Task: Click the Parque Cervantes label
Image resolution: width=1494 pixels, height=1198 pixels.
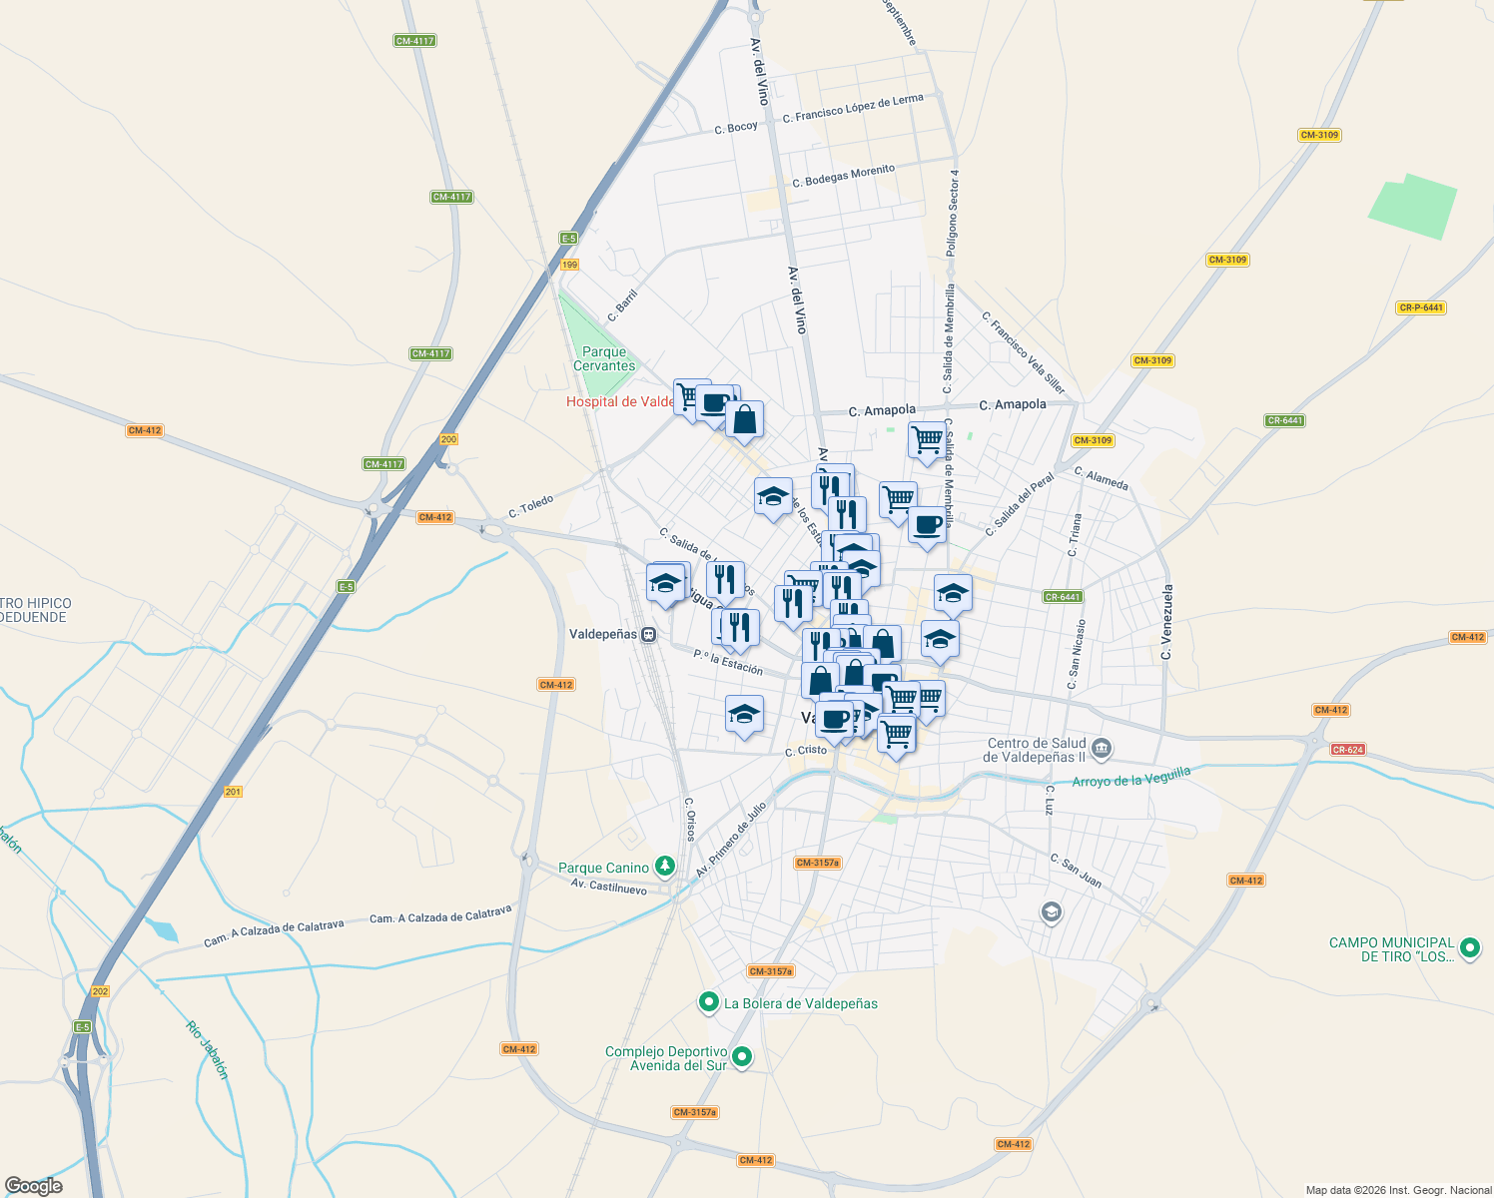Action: click(604, 358)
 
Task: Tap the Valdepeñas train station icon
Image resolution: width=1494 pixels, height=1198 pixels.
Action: click(649, 635)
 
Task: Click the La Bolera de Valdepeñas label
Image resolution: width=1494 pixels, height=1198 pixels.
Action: click(800, 1003)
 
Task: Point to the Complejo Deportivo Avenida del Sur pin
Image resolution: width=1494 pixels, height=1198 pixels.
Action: click(742, 1056)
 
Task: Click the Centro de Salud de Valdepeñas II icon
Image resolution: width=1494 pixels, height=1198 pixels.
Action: click(1101, 747)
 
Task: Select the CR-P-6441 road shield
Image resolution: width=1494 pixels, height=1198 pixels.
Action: click(1421, 307)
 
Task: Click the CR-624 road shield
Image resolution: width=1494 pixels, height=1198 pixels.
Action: click(1348, 749)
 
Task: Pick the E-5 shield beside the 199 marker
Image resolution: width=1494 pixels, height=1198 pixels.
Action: click(568, 238)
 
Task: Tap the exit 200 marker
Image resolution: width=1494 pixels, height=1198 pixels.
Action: click(448, 439)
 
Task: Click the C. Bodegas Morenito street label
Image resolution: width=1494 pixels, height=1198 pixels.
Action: click(844, 176)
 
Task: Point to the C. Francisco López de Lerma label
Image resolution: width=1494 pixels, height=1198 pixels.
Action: click(853, 109)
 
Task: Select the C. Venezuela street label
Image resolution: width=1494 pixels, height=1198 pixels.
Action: click(1166, 621)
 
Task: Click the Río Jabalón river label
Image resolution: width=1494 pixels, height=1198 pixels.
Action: click(208, 1049)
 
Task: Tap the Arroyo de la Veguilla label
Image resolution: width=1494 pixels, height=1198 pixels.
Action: click(1131, 777)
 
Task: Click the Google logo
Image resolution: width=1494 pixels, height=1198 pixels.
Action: click(34, 1186)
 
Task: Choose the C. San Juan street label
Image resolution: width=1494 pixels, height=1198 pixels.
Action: click(1076, 871)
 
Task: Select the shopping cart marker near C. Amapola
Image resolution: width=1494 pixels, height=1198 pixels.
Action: click(927, 439)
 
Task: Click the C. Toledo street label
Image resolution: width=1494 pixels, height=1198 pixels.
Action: click(531, 506)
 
